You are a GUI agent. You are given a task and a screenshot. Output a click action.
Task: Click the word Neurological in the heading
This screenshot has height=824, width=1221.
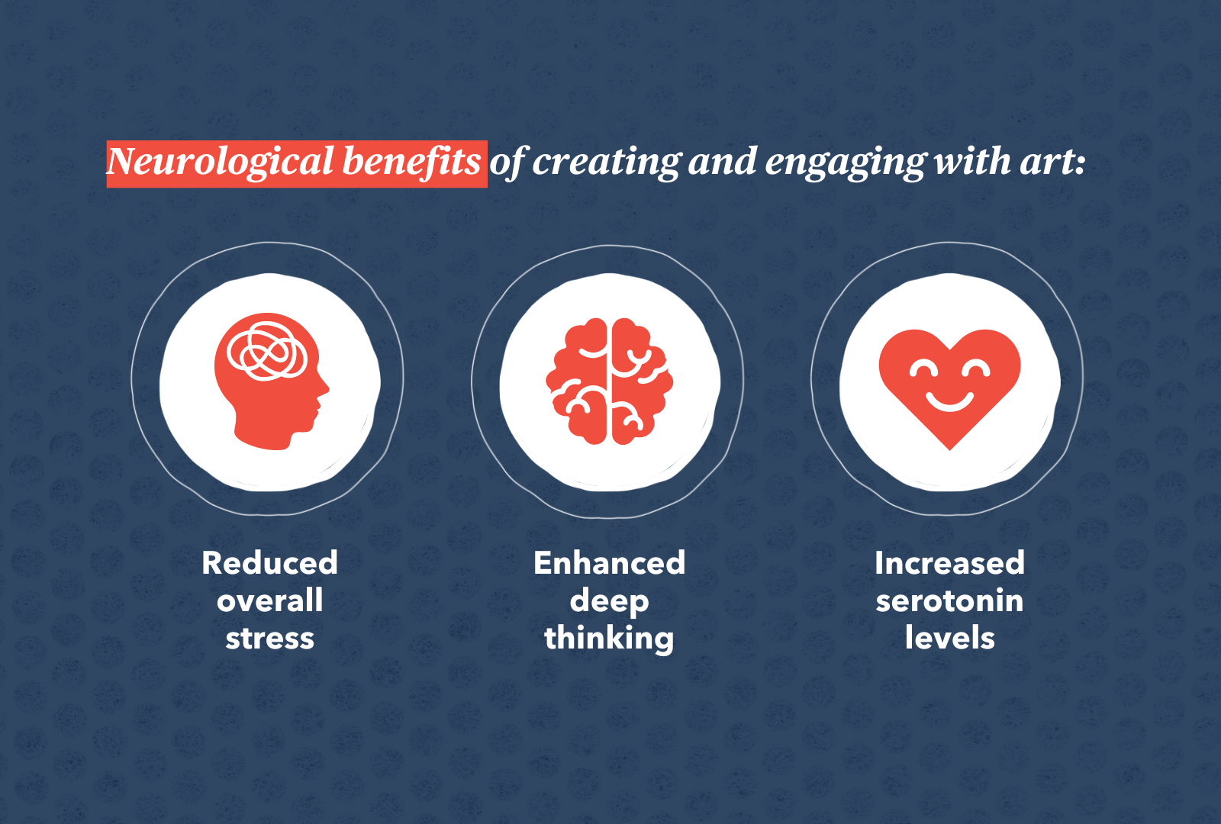[x=221, y=163]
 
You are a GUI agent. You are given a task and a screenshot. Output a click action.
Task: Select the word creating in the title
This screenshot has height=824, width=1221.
[x=607, y=162]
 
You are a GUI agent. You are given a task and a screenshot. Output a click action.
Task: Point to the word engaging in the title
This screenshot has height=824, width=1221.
[x=846, y=163]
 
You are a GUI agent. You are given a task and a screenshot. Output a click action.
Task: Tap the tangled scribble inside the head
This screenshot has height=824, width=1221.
[x=268, y=351]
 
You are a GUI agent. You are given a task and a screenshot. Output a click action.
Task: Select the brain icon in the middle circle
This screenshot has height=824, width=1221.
[x=609, y=381]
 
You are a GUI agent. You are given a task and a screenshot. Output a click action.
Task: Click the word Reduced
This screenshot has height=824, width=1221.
[x=269, y=563]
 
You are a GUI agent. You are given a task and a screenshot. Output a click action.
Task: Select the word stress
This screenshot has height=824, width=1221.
[x=269, y=639]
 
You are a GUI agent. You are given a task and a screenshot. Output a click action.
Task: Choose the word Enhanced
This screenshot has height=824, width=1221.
[x=609, y=563]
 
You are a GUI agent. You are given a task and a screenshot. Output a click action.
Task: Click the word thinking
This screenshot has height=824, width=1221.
[x=609, y=639]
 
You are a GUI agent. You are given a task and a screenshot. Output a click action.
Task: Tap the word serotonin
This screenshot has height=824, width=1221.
[x=949, y=601]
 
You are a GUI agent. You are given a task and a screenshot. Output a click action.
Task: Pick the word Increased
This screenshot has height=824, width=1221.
[x=949, y=563]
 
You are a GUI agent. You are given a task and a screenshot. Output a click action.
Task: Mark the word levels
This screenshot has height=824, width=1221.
[x=949, y=639]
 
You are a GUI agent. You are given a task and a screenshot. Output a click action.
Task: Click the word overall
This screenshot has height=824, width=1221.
[x=269, y=601]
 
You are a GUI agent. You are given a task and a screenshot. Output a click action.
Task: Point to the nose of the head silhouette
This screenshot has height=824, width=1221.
[x=326, y=390]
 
